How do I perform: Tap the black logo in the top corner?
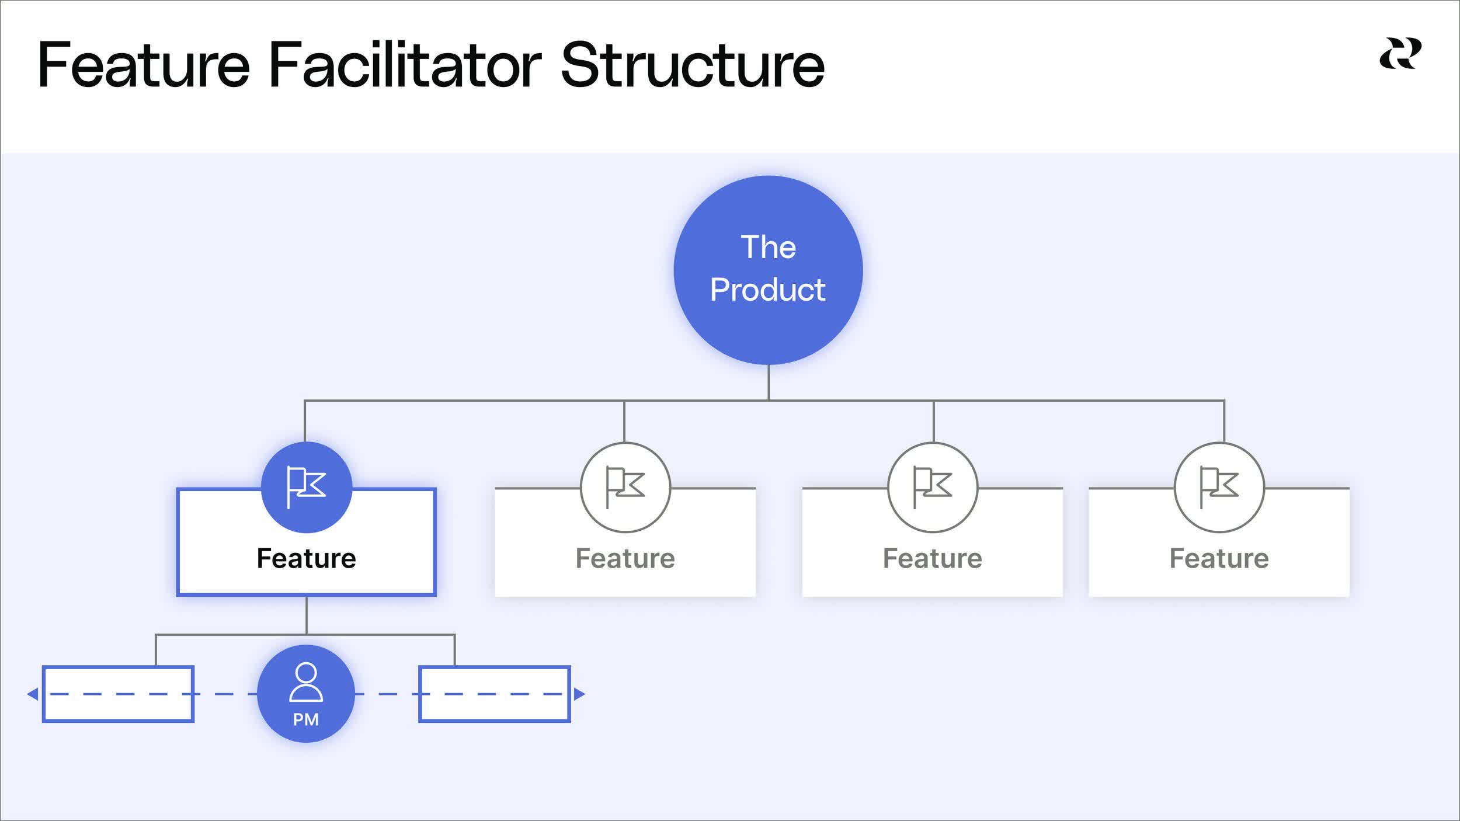pos(1400,54)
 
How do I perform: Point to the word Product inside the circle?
pos(767,290)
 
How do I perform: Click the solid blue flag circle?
pos(306,487)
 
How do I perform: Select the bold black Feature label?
pos(306,558)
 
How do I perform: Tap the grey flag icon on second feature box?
pos(625,487)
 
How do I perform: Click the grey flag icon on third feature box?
pos(932,487)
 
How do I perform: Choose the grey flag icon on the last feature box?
pos(1219,487)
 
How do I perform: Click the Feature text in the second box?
pos(625,558)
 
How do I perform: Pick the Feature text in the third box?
pos(932,558)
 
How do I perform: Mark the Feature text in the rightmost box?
pos(1219,558)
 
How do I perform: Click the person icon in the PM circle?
pos(306,681)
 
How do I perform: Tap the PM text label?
pos(306,719)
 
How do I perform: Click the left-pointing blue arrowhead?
pos(33,694)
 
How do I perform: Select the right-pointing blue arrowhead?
pos(579,694)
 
